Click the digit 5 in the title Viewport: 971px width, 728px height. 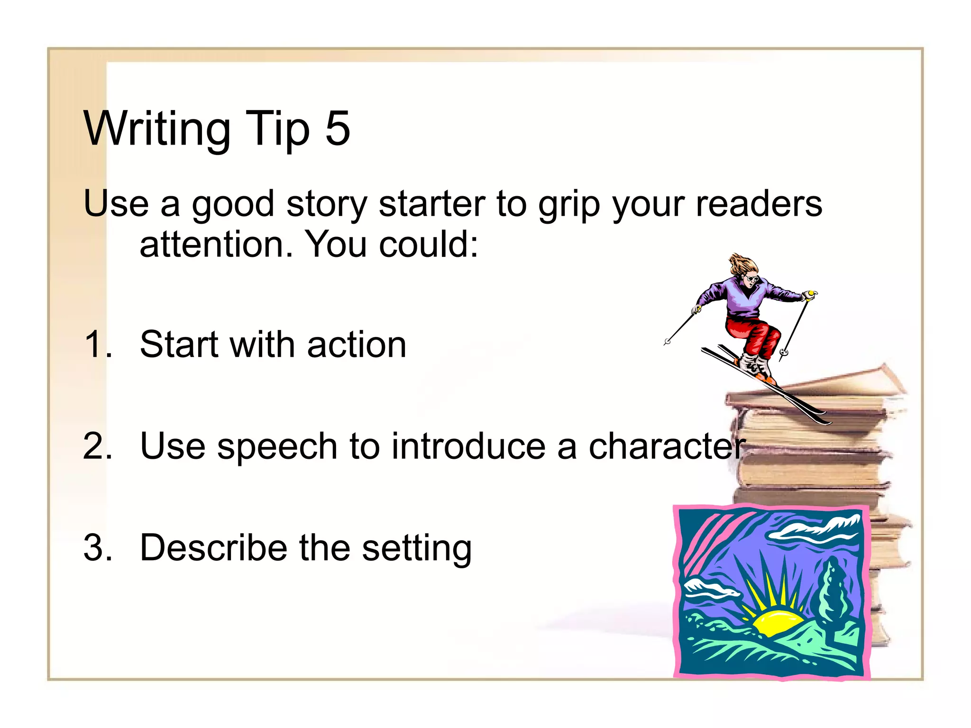click(x=338, y=128)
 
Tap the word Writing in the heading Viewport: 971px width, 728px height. click(x=157, y=129)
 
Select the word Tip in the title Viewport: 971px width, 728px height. click(x=277, y=129)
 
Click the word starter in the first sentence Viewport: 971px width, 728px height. click(x=432, y=204)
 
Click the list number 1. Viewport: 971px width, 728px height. click(x=97, y=344)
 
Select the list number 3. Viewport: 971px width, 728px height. click(x=97, y=548)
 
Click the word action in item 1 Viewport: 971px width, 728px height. click(x=357, y=345)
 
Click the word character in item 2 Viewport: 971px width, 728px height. click(x=667, y=446)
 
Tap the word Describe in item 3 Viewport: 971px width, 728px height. click(x=213, y=548)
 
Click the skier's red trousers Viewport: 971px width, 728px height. click(x=754, y=335)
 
